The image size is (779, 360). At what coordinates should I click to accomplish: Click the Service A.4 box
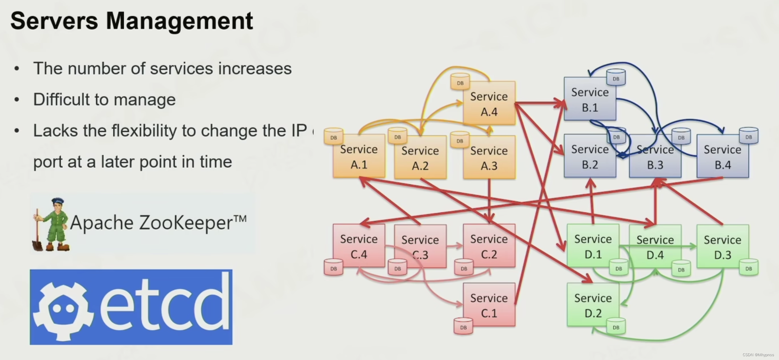(x=489, y=103)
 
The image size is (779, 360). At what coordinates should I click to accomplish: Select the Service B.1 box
(x=590, y=99)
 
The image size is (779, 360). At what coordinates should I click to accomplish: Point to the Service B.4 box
(x=722, y=156)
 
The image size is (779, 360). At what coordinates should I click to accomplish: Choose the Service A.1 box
(x=359, y=156)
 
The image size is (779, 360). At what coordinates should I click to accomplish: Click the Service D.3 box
(x=722, y=246)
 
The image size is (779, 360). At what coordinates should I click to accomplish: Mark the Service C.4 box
(x=359, y=246)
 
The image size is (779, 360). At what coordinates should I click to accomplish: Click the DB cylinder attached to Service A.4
(x=460, y=82)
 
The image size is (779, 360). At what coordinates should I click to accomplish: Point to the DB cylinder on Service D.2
(x=616, y=327)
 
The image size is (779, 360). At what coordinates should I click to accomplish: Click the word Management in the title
(x=179, y=21)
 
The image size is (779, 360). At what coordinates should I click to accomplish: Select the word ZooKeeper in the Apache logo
(x=186, y=223)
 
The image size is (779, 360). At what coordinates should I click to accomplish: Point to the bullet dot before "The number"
(x=17, y=69)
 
